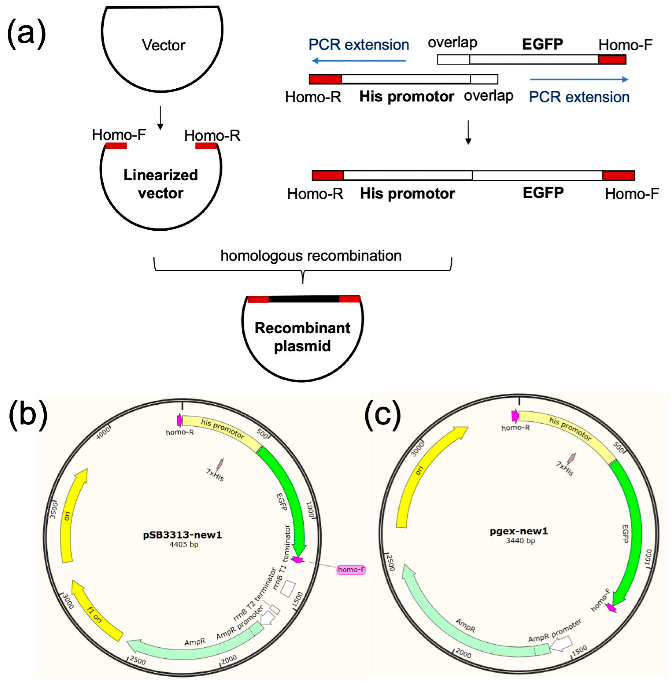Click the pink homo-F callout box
351,570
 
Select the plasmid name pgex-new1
519,531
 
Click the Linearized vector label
161,184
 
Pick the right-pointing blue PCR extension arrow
579,80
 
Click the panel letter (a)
26,34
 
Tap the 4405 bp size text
184,544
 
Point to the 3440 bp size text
521,541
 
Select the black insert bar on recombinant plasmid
304,299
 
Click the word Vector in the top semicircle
163,45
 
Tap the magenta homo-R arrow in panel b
179,420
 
